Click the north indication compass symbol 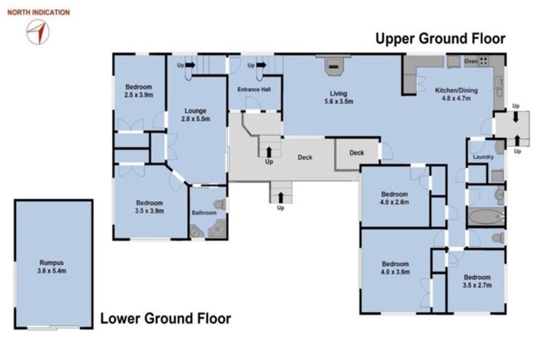tap(38, 32)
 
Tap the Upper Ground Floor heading tap(440, 39)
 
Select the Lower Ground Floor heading tap(165, 319)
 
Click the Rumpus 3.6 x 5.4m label tap(52, 266)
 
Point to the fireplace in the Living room tap(333, 66)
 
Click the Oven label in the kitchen tap(471, 61)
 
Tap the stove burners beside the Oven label tap(484, 61)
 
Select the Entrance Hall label tap(254, 89)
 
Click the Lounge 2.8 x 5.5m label tap(195, 115)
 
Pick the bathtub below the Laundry tap(486, 217)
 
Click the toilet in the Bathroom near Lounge tap(219, 205)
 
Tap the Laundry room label tap(483, 157)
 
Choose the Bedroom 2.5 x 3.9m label tap(139, 91)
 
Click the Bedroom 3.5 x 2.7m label tap(477, 281)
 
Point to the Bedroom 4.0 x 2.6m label tap(394, 198)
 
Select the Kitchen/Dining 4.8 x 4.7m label tap(456, 94)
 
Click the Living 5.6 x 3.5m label tap(338, 97)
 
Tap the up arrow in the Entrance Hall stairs tap(262, 65)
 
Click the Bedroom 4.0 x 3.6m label tap(395, 268)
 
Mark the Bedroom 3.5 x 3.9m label tap(150, 207)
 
